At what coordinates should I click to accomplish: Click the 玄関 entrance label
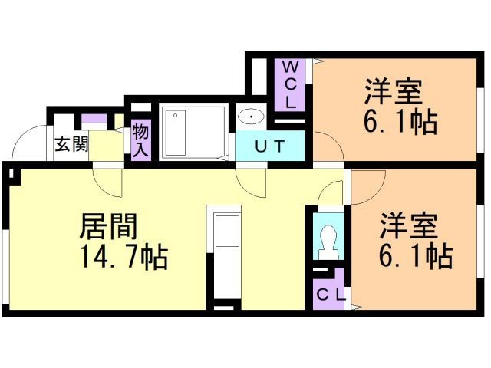pos(71,145)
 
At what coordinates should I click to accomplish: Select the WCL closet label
pos(291,84)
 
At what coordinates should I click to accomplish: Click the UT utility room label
pos(269,146)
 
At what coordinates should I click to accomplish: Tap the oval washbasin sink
pos(250,117)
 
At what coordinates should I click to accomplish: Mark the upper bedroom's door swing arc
pos(325,145)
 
